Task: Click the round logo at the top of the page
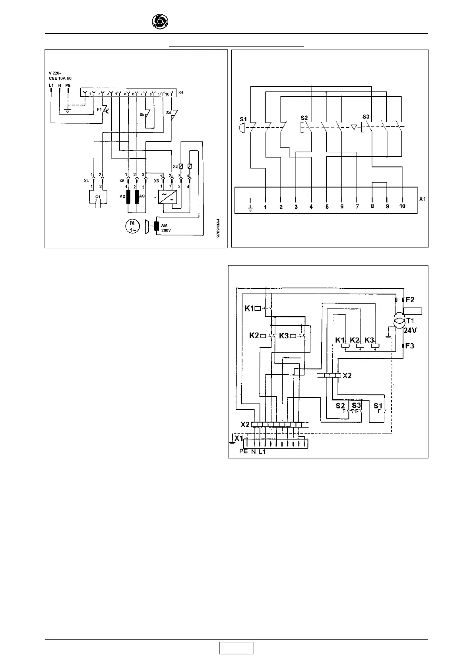tap(160, 21)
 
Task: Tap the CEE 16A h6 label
tap(60, 79)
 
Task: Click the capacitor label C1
tap(98, 197)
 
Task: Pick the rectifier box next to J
tap(166, 197)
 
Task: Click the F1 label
tap(99, 109)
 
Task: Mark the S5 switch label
tap(142, 114)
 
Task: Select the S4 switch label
tap(168, 113)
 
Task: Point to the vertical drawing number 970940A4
tap(218, 228)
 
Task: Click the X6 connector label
tap(156, 181)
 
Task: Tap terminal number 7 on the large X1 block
tap(357, 207)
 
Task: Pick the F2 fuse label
tap(410, 299)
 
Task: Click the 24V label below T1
tap(410, 330)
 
